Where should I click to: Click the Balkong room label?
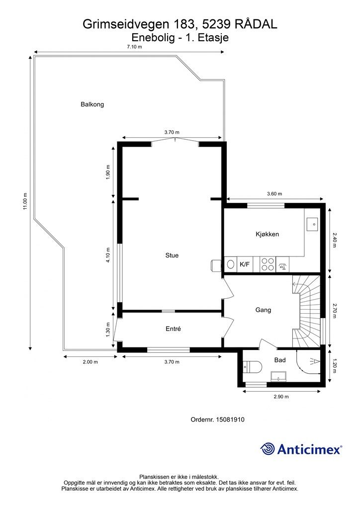(x=92, y=104)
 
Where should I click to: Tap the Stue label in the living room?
(x=172, y=255)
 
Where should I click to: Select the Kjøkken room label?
(x=267, y=234)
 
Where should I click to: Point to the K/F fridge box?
(x=245, y=264)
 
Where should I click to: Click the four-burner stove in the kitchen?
(x=268, y=264)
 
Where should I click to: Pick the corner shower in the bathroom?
(x=308, y=361)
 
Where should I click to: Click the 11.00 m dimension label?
(x=25, y=201)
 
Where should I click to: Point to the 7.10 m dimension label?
(x=134, y=47)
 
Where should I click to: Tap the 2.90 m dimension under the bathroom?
(x=281, y=396)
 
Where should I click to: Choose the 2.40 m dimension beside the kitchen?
(x=334, y=240)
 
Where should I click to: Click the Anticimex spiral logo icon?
(x=268, y=449)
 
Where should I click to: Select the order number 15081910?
(x=231, y=420)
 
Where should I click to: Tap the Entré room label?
(x=173, y=329)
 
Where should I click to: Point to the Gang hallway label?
(x=263, y=310)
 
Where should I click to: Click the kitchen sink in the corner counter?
(x=313, y=224)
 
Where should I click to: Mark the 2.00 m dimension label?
(x=90, y=362)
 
